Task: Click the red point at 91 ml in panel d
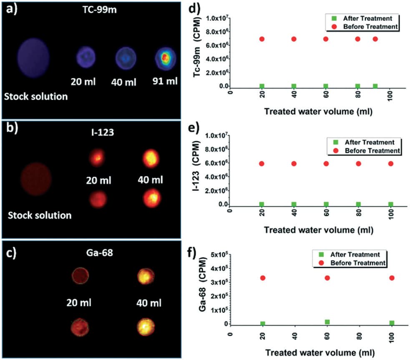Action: (x=375, y=39)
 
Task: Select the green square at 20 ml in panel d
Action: (x=262, y=86)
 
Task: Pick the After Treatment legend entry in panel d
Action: (x=363, y=19)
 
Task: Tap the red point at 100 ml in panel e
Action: (x=391, y=163)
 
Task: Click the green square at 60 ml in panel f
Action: (x=327, y=322)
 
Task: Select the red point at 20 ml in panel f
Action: (x=263, y=278)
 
